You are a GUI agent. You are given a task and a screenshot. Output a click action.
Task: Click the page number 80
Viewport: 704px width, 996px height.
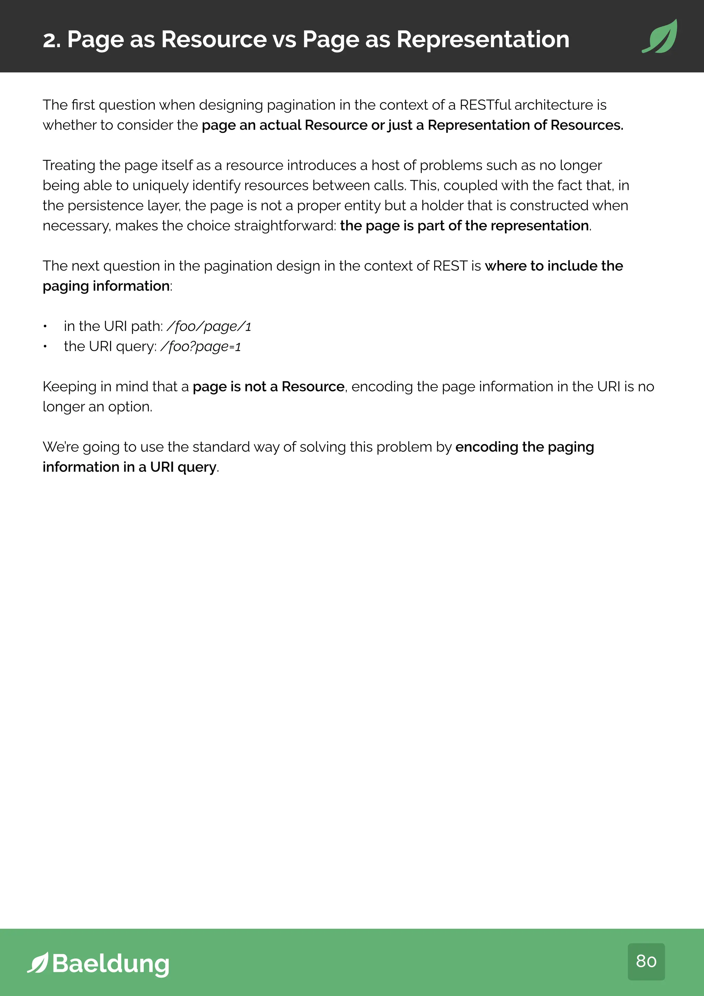(646, 961)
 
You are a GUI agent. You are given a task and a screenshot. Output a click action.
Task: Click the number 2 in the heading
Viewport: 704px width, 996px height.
(49, 40)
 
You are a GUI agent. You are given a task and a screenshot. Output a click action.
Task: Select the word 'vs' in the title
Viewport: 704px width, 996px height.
(284, 40)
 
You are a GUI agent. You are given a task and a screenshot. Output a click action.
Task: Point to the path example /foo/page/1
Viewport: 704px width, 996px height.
(209, 326)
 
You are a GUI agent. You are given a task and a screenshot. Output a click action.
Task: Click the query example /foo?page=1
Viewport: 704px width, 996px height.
(200, 347)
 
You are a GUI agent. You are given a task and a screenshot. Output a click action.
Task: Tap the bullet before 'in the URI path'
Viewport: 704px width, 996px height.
(45, 327)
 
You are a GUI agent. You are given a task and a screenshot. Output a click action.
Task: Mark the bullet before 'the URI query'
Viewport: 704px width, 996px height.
(45, 347)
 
